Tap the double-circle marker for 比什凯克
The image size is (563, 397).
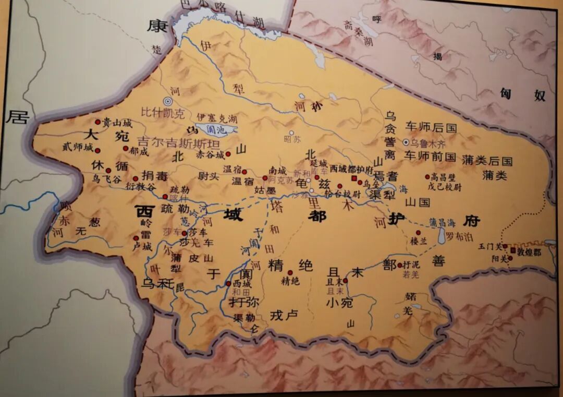coord(168,102)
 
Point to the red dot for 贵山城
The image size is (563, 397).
coord(97,122)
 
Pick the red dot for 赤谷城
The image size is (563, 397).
coord(228,154)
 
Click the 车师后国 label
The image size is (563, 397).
coord(431,127)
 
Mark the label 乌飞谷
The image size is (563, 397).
coord(106,178)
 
